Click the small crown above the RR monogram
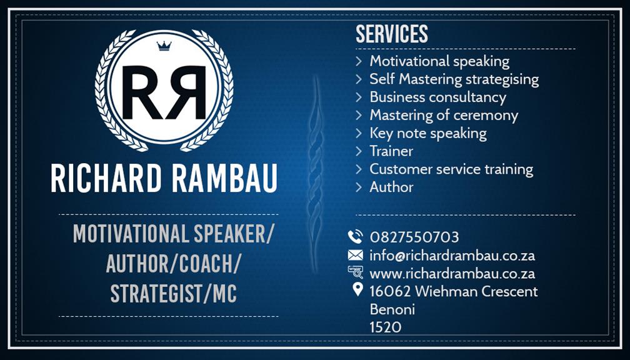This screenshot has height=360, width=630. pyautogui.click(x=164, y=46)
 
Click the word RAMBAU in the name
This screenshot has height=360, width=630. pyautogui.click(x=224, y=178)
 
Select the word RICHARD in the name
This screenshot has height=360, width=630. pyautogui.click(x=106, y=178)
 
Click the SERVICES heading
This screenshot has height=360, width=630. pyautogui.click(x=392, y=34)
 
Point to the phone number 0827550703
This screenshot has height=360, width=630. pyautogui.click(x=414, y=237)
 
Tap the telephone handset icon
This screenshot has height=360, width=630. pyautogui.click(x=355, y=237)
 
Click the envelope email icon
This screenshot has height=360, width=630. pyautogui.click(x=355, y=255)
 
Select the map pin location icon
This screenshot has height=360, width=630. pyautogui.click(x=357, y=289)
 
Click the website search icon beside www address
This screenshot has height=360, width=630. pyautogui.click(x=356, y=272)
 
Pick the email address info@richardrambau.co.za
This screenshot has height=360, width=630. pyautogui.click(x=452, y=255)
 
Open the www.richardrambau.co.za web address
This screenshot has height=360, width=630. pyautogui.click(x=452, y=274)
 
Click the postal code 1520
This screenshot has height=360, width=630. pyautogui.click(x=385, y=327)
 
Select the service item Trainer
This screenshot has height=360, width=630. pyautogui.click(x=391, y=151)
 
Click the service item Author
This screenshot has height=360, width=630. pyautogui.click(x=391, y=187)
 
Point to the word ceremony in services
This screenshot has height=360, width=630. pyautogui.click(x=486, y=116)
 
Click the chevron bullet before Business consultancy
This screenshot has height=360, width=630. pyautogui.click(x=359, y=97)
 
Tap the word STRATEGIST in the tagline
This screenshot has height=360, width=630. pyautogui.click(x=156, y=294)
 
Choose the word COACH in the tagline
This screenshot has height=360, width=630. pyautogui.click(x=206, y=264)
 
